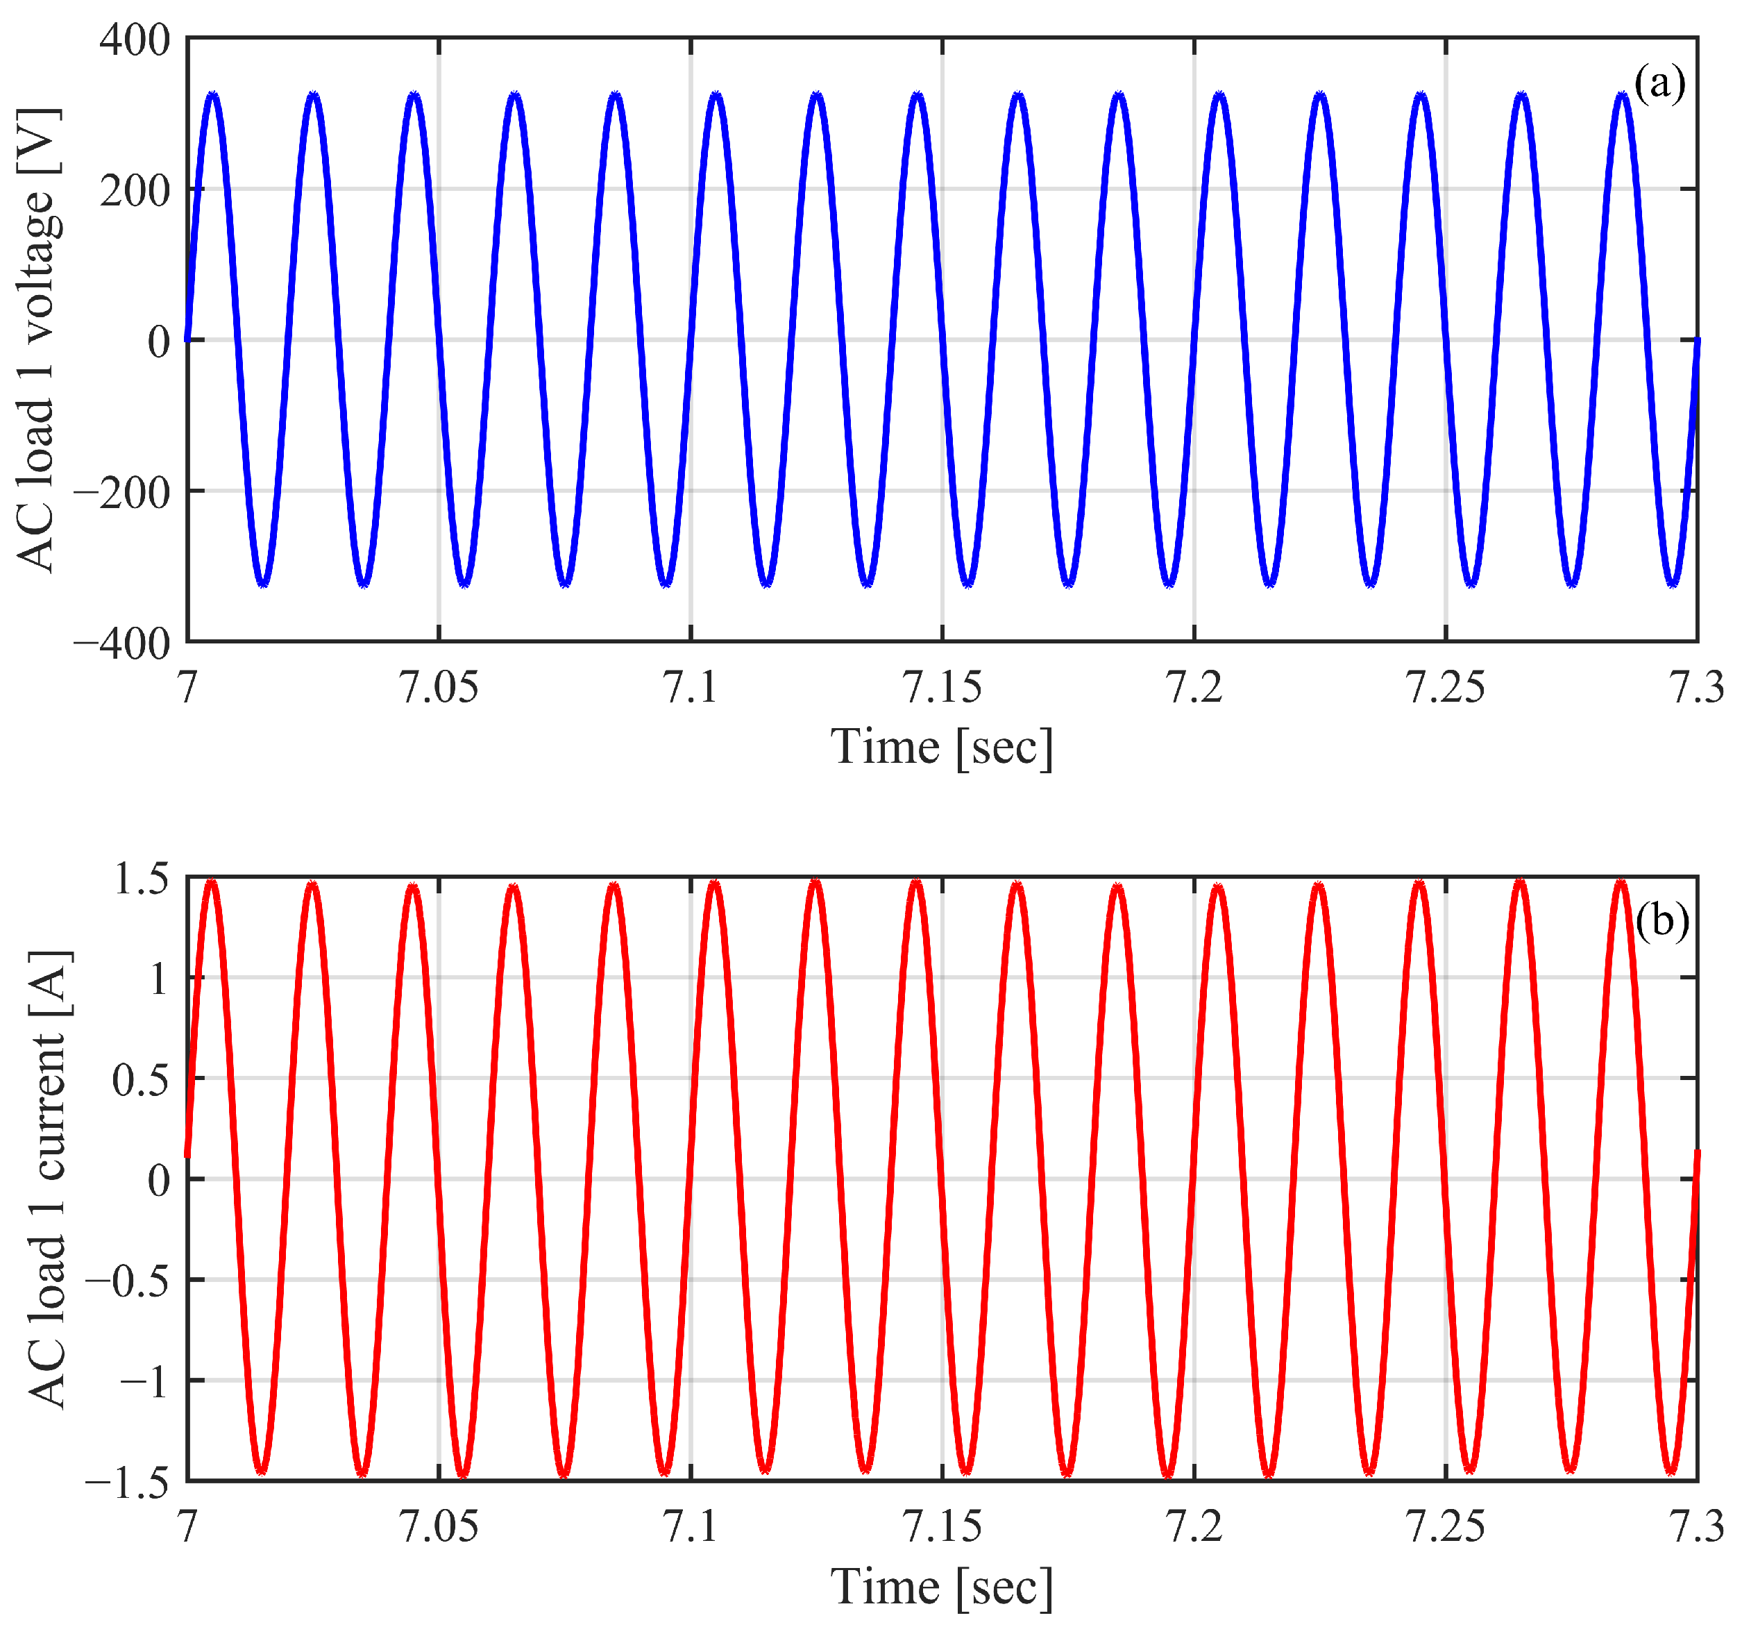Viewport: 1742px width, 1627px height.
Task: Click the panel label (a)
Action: coord(1659,84)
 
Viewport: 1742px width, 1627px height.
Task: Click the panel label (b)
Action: coord(1661,921)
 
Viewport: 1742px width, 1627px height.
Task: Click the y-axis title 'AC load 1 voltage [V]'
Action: coord(37,340)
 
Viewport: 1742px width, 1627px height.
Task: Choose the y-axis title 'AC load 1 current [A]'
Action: coord(48,1179)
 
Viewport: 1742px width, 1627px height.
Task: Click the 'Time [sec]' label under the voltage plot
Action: coord(942,748)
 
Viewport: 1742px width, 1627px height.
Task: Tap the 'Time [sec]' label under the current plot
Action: coord(942,1587)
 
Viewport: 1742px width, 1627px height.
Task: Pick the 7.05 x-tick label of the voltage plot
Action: coord(439,688)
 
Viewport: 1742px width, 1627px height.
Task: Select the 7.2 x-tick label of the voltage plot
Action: coord(1194,688)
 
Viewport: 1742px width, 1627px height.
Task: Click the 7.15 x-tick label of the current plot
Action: coord(942,1527)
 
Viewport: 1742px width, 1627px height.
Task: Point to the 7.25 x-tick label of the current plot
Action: coord(1445,1527)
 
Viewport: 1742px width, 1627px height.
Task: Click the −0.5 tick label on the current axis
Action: coord(127,1281)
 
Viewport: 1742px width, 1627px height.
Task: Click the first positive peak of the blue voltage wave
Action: coord(213,94)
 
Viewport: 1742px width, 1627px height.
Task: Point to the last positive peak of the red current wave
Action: coord(1621,882)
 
